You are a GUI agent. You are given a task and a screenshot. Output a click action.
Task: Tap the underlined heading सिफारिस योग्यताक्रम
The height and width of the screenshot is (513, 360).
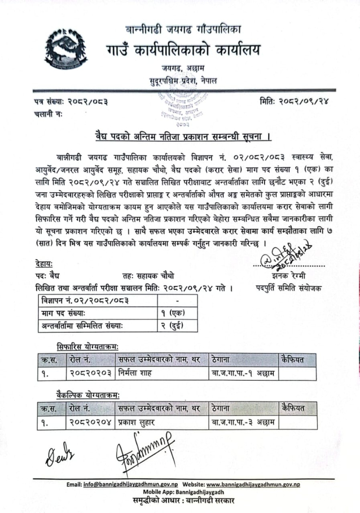point(87,345)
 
